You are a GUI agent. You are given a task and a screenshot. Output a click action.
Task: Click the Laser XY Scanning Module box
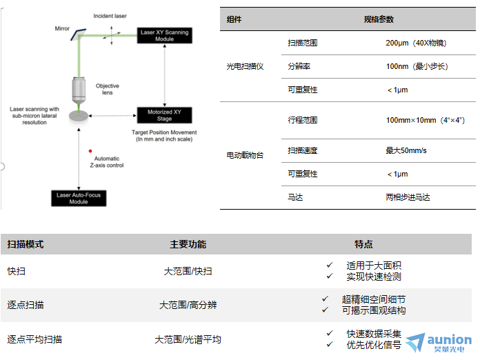coord(163,35)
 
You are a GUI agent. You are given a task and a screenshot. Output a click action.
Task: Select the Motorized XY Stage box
coord(164,115)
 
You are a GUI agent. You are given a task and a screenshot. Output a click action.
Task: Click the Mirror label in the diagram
coord(62,29)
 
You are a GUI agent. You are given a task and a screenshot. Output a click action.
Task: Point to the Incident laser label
coord(110,14)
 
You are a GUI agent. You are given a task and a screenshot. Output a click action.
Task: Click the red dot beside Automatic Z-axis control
coord(90,150)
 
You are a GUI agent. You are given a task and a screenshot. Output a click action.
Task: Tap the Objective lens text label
coord(107,90)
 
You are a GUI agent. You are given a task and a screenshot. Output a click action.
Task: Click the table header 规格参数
coord(379,19)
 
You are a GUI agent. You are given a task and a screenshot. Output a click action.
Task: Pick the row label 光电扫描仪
coord(245,67)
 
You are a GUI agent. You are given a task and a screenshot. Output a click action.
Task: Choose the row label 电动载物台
coord(245,155)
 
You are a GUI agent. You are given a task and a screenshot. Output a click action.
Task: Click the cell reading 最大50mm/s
coord(406,150)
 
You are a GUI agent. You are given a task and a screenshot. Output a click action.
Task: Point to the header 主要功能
coord(188,244)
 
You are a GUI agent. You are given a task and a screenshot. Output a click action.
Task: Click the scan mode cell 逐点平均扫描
coord(34,339)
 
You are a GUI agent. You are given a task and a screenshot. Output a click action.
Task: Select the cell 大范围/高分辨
coord(188,304)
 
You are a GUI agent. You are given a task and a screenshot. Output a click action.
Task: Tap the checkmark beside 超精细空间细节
coord(325,299)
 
